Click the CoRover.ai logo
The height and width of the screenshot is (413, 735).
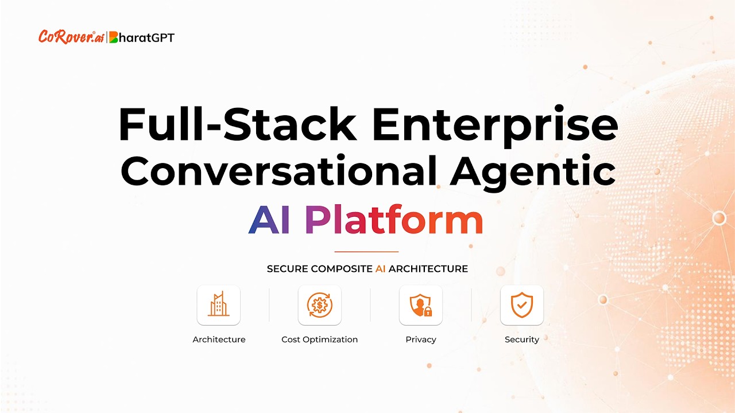71,37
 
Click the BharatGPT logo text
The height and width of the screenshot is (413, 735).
142,38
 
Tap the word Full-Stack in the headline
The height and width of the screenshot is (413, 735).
238,124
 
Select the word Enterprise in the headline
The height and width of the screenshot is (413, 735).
495,126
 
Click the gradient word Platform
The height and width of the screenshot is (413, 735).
394,219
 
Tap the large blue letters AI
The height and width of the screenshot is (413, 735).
269,219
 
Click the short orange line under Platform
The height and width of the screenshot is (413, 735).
366,252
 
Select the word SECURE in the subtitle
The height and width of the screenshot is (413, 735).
287,269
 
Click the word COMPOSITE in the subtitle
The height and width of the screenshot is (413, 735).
342,269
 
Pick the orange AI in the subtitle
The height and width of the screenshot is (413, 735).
380,269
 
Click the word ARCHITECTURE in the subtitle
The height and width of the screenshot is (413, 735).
428,269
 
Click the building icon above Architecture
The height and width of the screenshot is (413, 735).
219,305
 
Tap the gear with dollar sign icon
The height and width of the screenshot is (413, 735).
320,305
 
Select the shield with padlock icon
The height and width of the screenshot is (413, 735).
421,305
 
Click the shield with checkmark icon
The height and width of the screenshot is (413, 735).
522,305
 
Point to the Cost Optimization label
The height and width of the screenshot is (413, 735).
320,340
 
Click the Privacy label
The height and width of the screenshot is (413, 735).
421,340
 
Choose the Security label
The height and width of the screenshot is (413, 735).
522,340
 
